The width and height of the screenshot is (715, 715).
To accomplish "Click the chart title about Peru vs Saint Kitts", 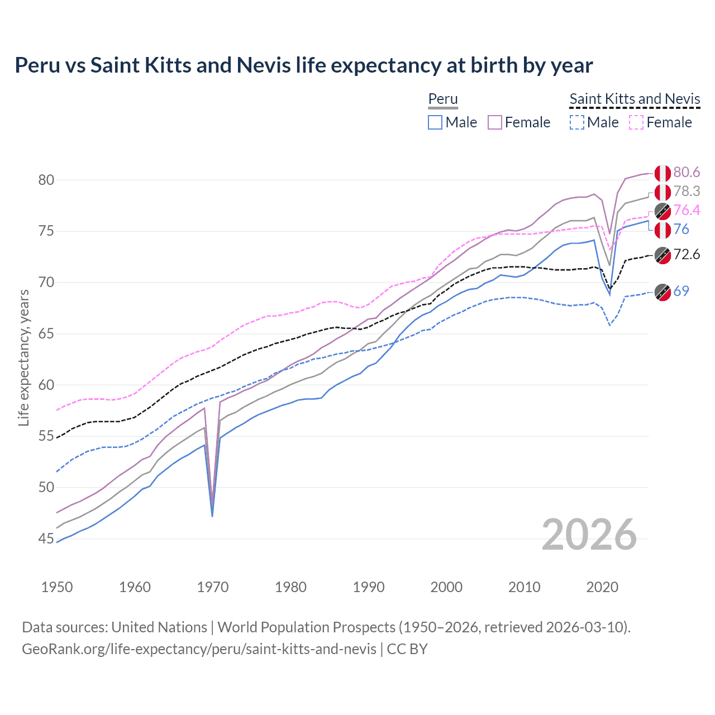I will tap(303, 65).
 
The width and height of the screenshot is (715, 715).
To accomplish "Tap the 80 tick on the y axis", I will tap(46, 180).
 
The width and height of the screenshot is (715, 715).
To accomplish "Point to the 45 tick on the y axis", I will tap(46, 538).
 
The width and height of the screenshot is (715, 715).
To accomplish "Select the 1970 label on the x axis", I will tap(213, 587).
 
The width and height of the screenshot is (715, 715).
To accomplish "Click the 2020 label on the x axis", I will tap(602, 587).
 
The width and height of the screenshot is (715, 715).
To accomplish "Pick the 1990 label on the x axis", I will tap(369, 587).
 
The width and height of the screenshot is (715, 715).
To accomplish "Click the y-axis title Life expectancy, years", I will tap(24, 357).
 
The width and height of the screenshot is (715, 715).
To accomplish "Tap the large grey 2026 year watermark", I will tap(589, 535).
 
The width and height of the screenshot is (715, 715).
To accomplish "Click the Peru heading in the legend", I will tap(443, 99).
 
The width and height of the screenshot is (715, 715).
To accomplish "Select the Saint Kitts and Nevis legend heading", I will tap(635, 99).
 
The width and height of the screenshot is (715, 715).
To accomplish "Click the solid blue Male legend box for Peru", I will tap(435, 122).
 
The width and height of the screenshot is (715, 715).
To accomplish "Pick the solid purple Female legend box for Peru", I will tap(495, 122).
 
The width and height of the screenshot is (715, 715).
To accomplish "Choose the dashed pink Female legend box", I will tap(636, 122).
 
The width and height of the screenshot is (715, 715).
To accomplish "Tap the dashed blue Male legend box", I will tap(576, 122).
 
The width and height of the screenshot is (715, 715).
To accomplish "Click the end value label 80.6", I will tap(687, 172).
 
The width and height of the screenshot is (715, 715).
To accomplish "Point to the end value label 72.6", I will tap(687, 255).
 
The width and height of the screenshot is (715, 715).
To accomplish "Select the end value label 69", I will tap(681, 291).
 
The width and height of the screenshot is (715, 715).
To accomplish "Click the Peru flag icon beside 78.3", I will tap(662, 192).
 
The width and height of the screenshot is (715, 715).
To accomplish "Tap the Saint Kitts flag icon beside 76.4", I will tap(662, 211).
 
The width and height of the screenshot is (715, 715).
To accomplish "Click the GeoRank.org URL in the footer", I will tap(199, 649).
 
